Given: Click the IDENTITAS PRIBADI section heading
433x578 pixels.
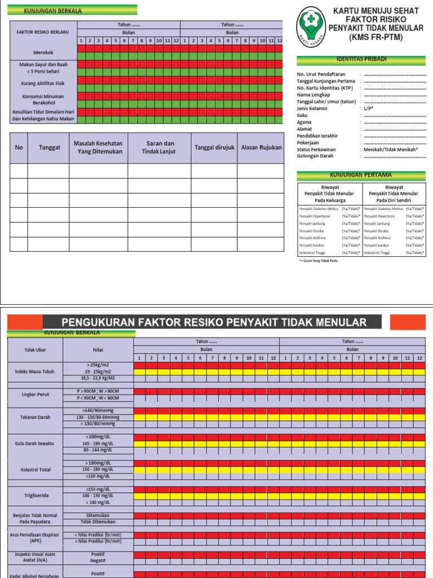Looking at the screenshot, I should (x=361, y=59).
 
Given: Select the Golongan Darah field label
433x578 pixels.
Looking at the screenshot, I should (x=316, y=156).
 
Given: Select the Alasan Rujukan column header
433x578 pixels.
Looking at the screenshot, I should (x=261, y=147).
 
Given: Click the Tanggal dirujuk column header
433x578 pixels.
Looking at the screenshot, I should (x=214, y=147).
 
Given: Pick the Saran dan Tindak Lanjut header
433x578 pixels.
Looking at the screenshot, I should (x=159, y=147).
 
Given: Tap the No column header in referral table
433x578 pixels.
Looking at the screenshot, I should (x=19, y=147).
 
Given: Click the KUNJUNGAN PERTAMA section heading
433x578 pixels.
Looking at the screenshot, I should (x=361, y=175).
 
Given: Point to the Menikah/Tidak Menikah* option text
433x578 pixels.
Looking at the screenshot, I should (x=391, y=150).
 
